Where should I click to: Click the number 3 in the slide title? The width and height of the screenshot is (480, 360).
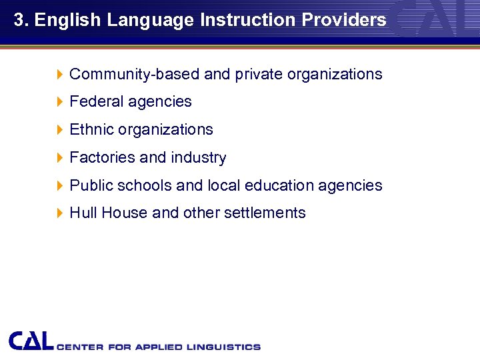point(18,20)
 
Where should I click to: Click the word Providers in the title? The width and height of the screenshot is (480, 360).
point(344,20)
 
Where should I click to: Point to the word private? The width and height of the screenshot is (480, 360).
point(259,74)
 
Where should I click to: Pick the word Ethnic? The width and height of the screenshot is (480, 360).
point(92,129)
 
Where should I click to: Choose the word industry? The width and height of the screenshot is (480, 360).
point(199,157)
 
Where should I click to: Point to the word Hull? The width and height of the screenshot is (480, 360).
point(83,213)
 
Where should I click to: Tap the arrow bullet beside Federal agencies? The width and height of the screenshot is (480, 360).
point(59,102)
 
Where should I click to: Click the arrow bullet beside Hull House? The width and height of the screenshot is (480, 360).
point(59,213)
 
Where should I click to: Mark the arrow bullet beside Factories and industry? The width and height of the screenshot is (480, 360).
point(59,158)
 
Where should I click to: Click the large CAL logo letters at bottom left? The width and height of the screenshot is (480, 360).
point(31,341)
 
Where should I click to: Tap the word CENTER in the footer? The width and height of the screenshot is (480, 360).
point(79,347)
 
